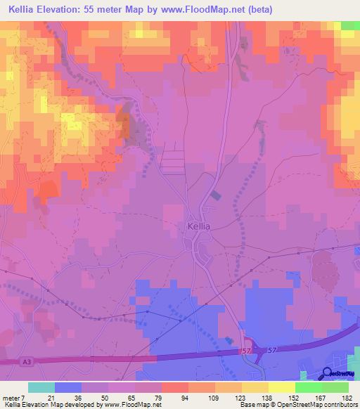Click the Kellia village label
point(200,227)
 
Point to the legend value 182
point(345,398)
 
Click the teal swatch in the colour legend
point(41,387)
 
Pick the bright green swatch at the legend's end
point(335,387)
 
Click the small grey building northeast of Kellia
point(215,199)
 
